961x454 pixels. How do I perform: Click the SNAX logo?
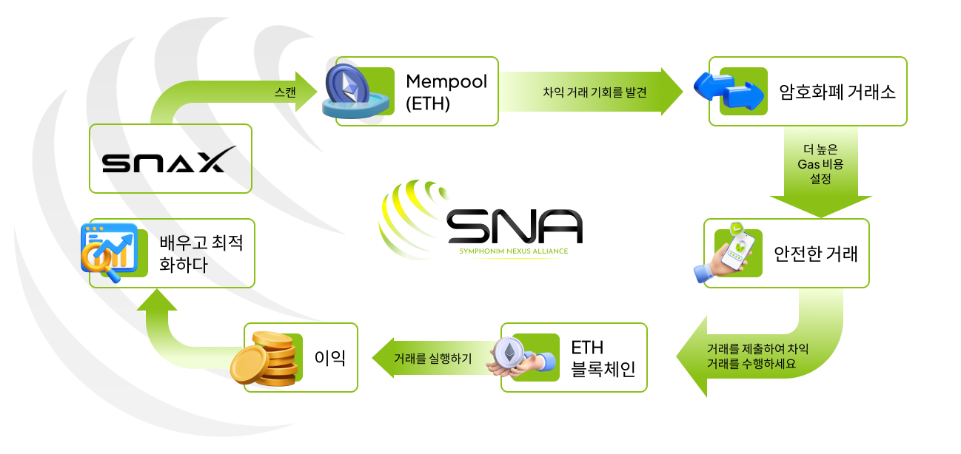click(x=169, y=159)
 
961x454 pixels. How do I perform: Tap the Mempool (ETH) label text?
click(x=446, y=92)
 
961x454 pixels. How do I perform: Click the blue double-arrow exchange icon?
click(x=729, y=91)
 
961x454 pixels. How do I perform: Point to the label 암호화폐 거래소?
click(x=837, y=92)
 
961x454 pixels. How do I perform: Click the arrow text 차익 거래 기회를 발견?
click(x=595, y=92)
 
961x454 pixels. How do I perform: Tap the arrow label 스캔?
click(x=285, y=92)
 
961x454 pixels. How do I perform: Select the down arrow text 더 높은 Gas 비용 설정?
click(x=821, y=164)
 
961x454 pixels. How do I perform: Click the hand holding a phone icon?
click(x=725, y=253)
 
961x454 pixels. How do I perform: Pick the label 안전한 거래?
click(x=816, y=254)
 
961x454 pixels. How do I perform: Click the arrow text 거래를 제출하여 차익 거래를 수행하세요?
click(x=757, y=356)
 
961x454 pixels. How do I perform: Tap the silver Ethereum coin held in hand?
click(x=509, y=353)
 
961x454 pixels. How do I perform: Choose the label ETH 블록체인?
click(x=603, y=359)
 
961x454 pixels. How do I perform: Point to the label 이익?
click(x=330, y=358)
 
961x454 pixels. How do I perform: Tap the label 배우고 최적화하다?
click(x=201, y=254)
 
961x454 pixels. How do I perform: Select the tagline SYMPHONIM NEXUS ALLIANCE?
click(x=514, y=251)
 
